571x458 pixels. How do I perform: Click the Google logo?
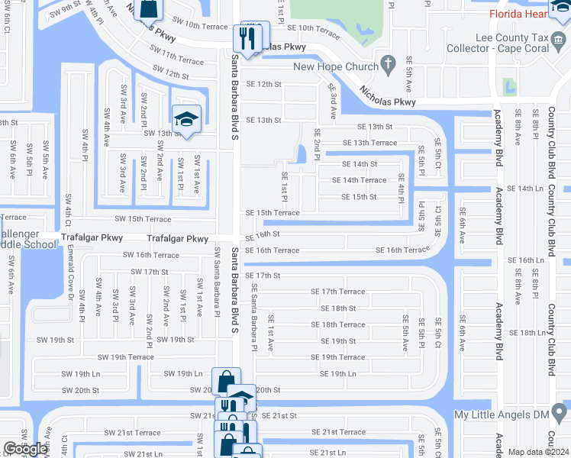(x=25, y=449)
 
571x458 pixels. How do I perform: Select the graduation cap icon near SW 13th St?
(x=185, y=119)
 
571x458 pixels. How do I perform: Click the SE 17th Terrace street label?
(x=337, y=292)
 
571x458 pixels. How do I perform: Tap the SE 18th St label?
(x=338, y=308)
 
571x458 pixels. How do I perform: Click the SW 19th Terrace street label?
(x=121, y=356)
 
